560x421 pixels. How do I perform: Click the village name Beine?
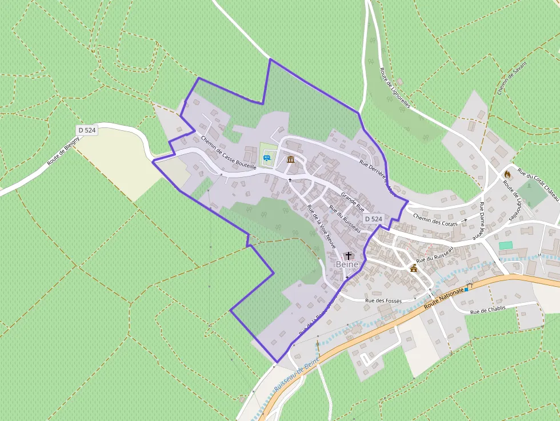coord(347,264)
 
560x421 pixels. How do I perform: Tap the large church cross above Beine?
coord(349,255)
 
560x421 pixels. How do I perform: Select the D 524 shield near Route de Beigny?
coord(87,130)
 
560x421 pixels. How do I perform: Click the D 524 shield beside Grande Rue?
coord(373,219)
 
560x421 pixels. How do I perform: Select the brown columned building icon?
coord(291,159)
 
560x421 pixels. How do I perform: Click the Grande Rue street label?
coord(353,202)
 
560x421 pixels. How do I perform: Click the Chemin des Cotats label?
coord(435,220)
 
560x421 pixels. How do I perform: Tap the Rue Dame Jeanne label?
coord(482,220)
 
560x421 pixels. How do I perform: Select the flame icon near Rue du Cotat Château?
coord(507,173)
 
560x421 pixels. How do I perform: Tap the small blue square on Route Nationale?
coord(466,290)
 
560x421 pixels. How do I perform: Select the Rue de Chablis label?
coord(487,311)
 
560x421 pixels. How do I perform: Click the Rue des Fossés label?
coord(383,300)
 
